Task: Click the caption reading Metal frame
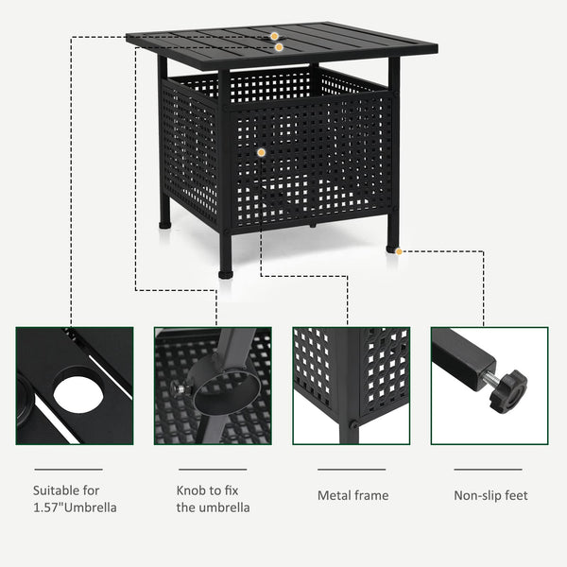353,495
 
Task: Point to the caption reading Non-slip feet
490,495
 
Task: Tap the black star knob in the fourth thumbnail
508,389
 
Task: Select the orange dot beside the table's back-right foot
400,251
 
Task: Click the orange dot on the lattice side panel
261,152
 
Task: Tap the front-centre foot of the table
226,271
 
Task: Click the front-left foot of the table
166,224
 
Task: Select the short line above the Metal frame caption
352,469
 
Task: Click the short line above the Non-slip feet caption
488,469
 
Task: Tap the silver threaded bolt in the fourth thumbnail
490,380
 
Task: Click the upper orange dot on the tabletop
274,36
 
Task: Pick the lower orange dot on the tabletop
279,46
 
